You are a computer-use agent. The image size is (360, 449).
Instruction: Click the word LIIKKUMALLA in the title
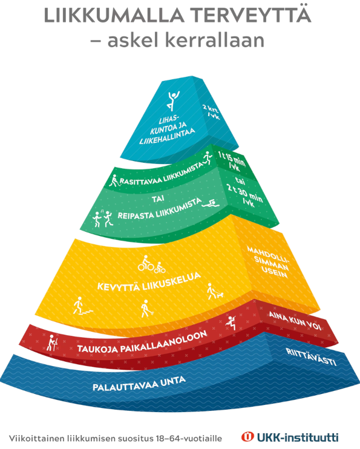[114, 16]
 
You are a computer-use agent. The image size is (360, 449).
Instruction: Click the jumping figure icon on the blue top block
[173, 100]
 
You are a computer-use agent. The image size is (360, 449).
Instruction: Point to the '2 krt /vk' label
[212, 112]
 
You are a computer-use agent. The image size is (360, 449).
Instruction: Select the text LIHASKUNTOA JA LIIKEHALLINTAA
[167, 129]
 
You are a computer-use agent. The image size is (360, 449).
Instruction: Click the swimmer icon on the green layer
[211, 204]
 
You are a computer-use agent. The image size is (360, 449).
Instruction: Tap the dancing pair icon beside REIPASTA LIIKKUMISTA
[102, 219]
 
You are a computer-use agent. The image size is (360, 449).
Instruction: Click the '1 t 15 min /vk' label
[231, 162]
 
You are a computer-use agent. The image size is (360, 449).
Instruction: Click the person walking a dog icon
[215, 291]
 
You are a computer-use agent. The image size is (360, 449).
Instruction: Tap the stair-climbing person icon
[82, 306]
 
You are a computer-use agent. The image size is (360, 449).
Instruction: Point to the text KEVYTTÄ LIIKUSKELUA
[149, 283]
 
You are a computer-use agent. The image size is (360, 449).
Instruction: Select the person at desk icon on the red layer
[52, 342]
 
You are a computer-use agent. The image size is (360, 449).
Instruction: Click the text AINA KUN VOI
[295, 321]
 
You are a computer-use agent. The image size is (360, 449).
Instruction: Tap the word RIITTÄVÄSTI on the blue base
[311, 357]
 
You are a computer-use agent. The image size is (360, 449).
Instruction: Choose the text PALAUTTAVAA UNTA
[139, 384]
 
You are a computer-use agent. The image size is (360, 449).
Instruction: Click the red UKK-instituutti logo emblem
[247, 437]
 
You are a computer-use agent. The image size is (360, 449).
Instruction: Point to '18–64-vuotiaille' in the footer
[189, 438]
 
